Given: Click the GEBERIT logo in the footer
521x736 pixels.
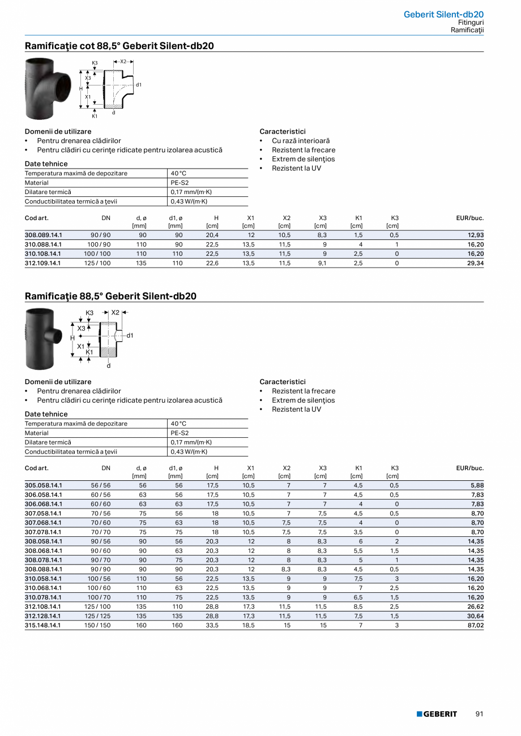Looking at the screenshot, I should coord(437,714).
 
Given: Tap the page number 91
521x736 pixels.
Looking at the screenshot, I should coord(479,714).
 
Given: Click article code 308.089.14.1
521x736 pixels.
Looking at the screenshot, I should coord(44,235).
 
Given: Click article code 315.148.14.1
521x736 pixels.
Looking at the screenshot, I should coord(44,625).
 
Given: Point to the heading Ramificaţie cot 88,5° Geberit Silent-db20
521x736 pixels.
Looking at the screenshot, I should coord(119,46).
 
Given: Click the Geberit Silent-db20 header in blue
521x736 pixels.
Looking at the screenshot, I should coord(443,14).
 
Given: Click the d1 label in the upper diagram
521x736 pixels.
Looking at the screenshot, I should coord(138,84).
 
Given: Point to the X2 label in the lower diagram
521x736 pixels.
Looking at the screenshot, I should coord(116,312).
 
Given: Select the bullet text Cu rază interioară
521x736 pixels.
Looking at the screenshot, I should coord(301,141).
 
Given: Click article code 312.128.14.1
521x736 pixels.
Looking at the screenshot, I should coord(44,616).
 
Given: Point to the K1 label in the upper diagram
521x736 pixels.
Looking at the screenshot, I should coord(95,116).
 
